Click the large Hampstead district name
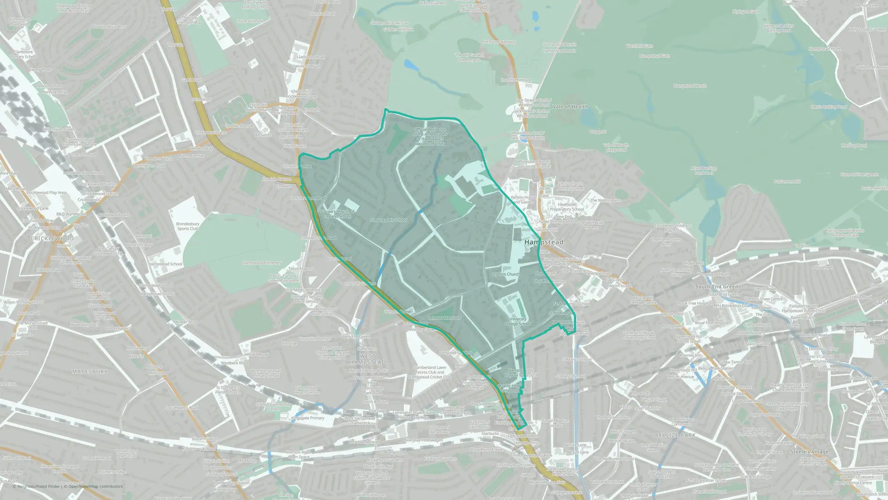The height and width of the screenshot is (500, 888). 544,242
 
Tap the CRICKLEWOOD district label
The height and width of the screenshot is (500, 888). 52,239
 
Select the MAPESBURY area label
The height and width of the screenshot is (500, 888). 90,372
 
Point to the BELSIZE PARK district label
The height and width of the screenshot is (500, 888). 676,435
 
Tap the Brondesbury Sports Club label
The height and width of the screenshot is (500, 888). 188,226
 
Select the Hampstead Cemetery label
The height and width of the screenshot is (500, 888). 262,263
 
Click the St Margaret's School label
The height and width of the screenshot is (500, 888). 388,220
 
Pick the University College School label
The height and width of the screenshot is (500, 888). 517,321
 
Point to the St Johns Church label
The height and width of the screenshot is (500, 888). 505,274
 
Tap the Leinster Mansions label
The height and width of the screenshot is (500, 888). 445,318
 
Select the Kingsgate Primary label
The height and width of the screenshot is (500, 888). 308,418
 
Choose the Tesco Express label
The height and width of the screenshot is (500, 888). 301,268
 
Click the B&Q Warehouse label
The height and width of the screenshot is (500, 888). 71,214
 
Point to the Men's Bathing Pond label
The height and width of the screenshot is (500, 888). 829,107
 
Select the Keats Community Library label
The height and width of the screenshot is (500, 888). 676,272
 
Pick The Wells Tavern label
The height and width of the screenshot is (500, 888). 605,200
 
